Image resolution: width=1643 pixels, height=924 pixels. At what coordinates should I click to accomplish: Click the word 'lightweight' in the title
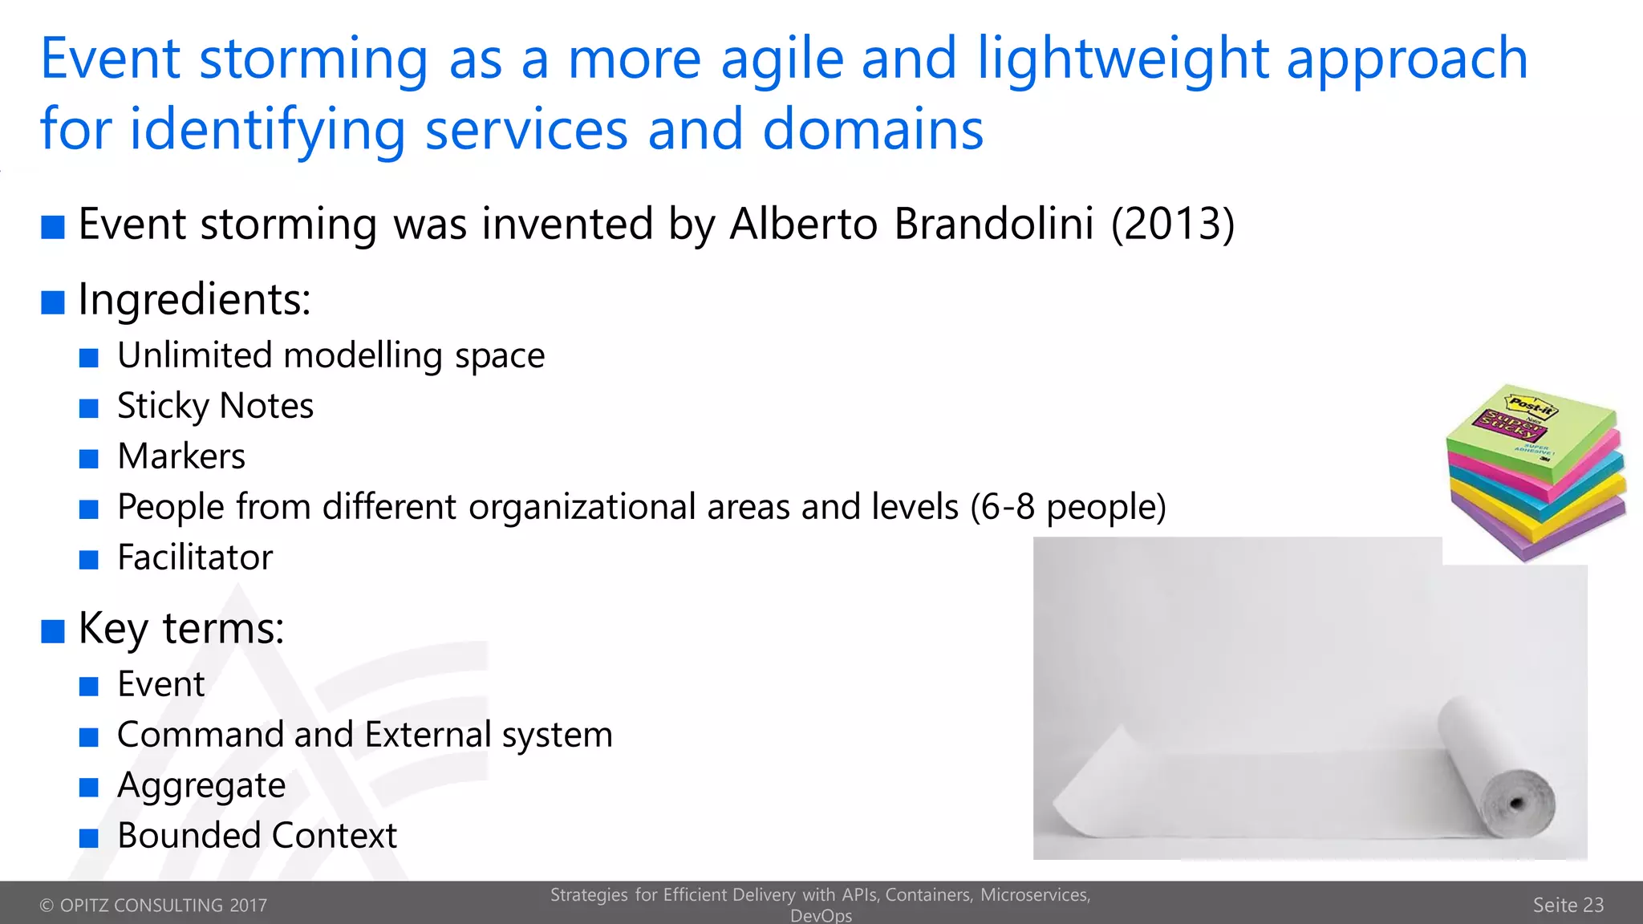click(1122, 60)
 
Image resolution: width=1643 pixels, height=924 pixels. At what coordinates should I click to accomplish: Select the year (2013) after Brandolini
click(1172, 224)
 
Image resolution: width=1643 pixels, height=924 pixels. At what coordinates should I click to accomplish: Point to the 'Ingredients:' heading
click(194, 300)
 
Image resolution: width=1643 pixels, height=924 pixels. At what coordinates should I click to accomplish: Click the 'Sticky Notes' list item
click(215, 406)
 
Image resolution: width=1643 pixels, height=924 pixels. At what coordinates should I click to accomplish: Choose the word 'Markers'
click(181, 456)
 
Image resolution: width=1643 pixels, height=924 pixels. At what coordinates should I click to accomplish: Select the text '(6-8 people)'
click(1068, 507)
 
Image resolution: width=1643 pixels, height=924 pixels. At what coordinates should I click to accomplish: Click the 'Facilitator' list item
click(195, 557)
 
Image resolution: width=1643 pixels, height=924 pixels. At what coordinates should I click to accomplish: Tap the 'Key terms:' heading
click(181, 628)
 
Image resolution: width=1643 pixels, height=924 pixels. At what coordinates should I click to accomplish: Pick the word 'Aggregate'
click(201, 785)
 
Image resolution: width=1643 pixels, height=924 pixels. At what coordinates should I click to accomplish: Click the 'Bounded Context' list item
click(257, 836)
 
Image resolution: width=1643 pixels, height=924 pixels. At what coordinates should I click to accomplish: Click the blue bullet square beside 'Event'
click(89, 687)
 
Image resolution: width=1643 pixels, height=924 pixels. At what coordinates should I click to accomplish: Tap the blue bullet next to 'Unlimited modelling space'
click(89, 358)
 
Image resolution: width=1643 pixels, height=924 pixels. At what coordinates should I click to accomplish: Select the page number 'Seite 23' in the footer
click(1568, 906)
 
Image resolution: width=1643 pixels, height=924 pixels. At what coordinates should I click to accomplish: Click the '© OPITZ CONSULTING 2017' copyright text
click(153, 906)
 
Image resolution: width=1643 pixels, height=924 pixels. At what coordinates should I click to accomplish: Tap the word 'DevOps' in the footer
click(821, 916)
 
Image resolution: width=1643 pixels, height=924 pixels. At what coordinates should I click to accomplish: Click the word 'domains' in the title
click(872, 130)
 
